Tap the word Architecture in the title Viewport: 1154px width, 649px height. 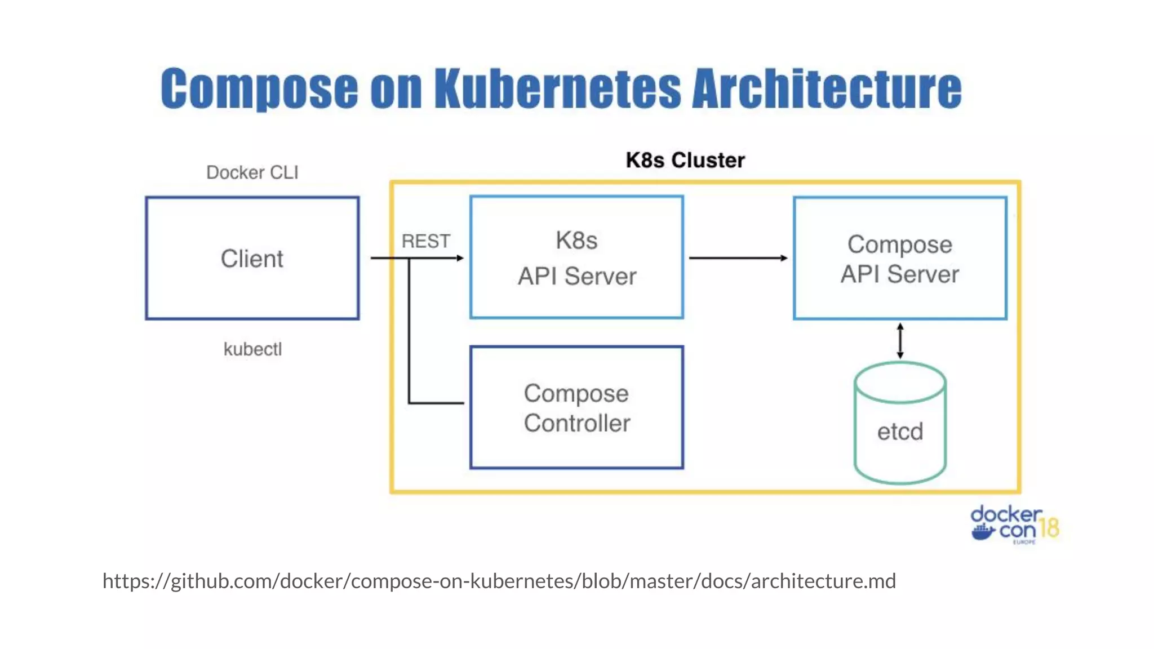coord(826,88)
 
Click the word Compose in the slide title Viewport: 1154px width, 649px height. coord(259,88)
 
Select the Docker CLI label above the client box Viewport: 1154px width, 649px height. coord(252,172)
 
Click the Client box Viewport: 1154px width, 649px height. coord(252,259)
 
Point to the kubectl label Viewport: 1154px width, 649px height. coord(252,349)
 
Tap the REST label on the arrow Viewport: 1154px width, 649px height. coord(425,241)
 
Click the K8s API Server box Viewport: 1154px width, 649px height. coord(576,258)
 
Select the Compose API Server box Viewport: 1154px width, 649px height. coord(900,259)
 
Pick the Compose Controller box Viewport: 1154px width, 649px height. coord(576,408)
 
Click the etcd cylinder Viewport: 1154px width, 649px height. coord(900,432)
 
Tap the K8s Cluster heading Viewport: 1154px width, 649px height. coord(685,161)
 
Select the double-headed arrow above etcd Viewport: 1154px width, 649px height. coord(900,341)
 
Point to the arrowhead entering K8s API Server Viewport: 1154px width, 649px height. coord(460,258)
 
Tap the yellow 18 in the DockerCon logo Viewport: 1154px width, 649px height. coord(1049,528)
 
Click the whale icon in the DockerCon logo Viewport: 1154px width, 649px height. coord(983,531)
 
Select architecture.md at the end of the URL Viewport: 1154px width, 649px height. coord(823,581)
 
